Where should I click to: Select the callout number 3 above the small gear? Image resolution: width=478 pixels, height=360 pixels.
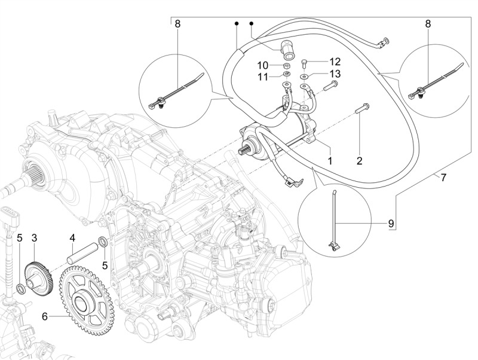click(34, 238)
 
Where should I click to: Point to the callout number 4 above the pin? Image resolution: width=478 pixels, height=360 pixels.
click(72, 238)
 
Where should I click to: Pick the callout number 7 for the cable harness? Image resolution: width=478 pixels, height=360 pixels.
click(443, 178)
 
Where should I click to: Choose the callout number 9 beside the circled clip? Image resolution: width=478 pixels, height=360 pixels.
click(391, 223)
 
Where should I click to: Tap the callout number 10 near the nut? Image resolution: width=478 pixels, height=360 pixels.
click(263, 65)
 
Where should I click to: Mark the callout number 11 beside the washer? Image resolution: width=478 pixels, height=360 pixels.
click(263, 77)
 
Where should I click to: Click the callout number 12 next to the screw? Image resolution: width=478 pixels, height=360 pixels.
click(334, 62)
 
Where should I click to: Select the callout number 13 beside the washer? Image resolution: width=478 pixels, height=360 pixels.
click(334, 74)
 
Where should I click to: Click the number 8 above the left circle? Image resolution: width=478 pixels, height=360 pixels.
click(177, 25)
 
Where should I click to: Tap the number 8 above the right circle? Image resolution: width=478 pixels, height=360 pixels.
click(428, 25)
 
